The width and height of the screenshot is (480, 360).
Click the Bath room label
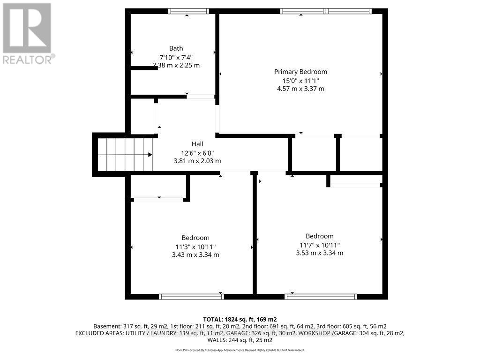tap(176, 48)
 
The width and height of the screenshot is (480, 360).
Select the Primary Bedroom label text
tap(300, 72)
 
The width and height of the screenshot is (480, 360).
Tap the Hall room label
tap(197, 144)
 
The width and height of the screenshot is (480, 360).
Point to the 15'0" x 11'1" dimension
tap(300, 80)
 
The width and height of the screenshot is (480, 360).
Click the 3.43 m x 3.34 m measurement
tap(195, 255)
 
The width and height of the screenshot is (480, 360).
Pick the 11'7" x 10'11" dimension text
tap(319, 245)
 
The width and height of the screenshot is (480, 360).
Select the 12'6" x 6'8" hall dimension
tap(197, 152)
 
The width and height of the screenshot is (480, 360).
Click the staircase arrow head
tap(150, 154)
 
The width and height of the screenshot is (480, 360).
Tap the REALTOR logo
tap(28, 33)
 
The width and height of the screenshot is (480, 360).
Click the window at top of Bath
tap(188, 11)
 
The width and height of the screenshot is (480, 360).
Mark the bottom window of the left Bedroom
tap(191, 296)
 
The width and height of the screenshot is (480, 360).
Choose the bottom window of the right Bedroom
tap(321, 296)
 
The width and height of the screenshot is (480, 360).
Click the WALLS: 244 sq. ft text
tap(240, 340)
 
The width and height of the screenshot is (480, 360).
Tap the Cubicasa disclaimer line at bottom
tap(240, 350)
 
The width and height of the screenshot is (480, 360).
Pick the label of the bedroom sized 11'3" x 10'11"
tap(195, 238)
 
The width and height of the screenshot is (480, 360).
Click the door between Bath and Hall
tap(201, 97)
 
